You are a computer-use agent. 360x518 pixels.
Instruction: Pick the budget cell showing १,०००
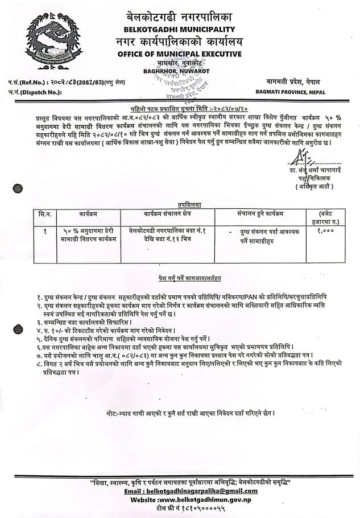(326, 231)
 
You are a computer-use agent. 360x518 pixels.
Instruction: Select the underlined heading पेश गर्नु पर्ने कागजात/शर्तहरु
(186, 278)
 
